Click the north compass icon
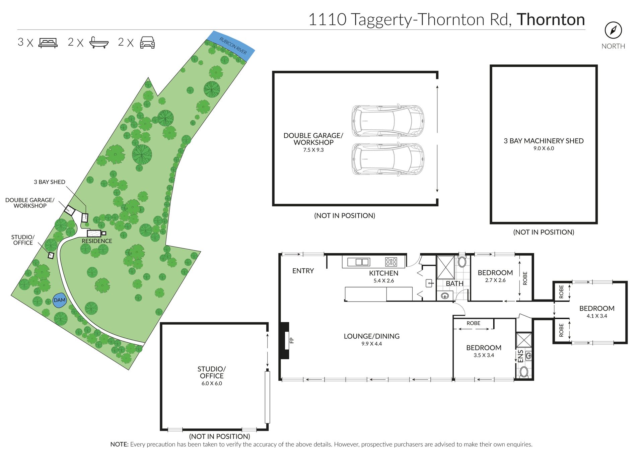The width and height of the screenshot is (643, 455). tap(613, 30)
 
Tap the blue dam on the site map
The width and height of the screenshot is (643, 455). tap(60, 300)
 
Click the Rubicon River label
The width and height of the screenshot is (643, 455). tap(233, 46)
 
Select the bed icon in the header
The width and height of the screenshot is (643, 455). tap(48, 43)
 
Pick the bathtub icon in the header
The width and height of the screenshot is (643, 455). tap(99, 43)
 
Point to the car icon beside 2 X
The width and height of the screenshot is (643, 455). tap(147, 43)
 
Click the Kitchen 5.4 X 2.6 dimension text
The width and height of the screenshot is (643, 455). tap(383, 281)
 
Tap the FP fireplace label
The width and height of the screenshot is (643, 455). tap(292, 340)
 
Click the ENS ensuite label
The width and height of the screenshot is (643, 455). tap(520, 356)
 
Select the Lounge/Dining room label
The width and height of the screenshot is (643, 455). tap(371, 336)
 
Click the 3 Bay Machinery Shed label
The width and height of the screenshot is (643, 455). tap(544, 141)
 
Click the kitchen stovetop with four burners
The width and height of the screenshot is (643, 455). tap(391, 262)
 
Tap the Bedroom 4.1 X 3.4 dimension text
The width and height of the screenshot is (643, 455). tap(597, 316)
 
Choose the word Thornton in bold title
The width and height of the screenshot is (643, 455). tap(551, 19)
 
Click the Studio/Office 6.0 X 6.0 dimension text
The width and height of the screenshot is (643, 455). tap(212, 383)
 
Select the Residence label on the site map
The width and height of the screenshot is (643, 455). tap(97, 241)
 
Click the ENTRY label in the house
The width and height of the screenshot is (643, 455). tap(303, 271)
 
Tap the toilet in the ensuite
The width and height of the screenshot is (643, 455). tap(524, 372)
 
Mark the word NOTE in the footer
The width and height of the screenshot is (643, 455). tap(120, 444)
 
